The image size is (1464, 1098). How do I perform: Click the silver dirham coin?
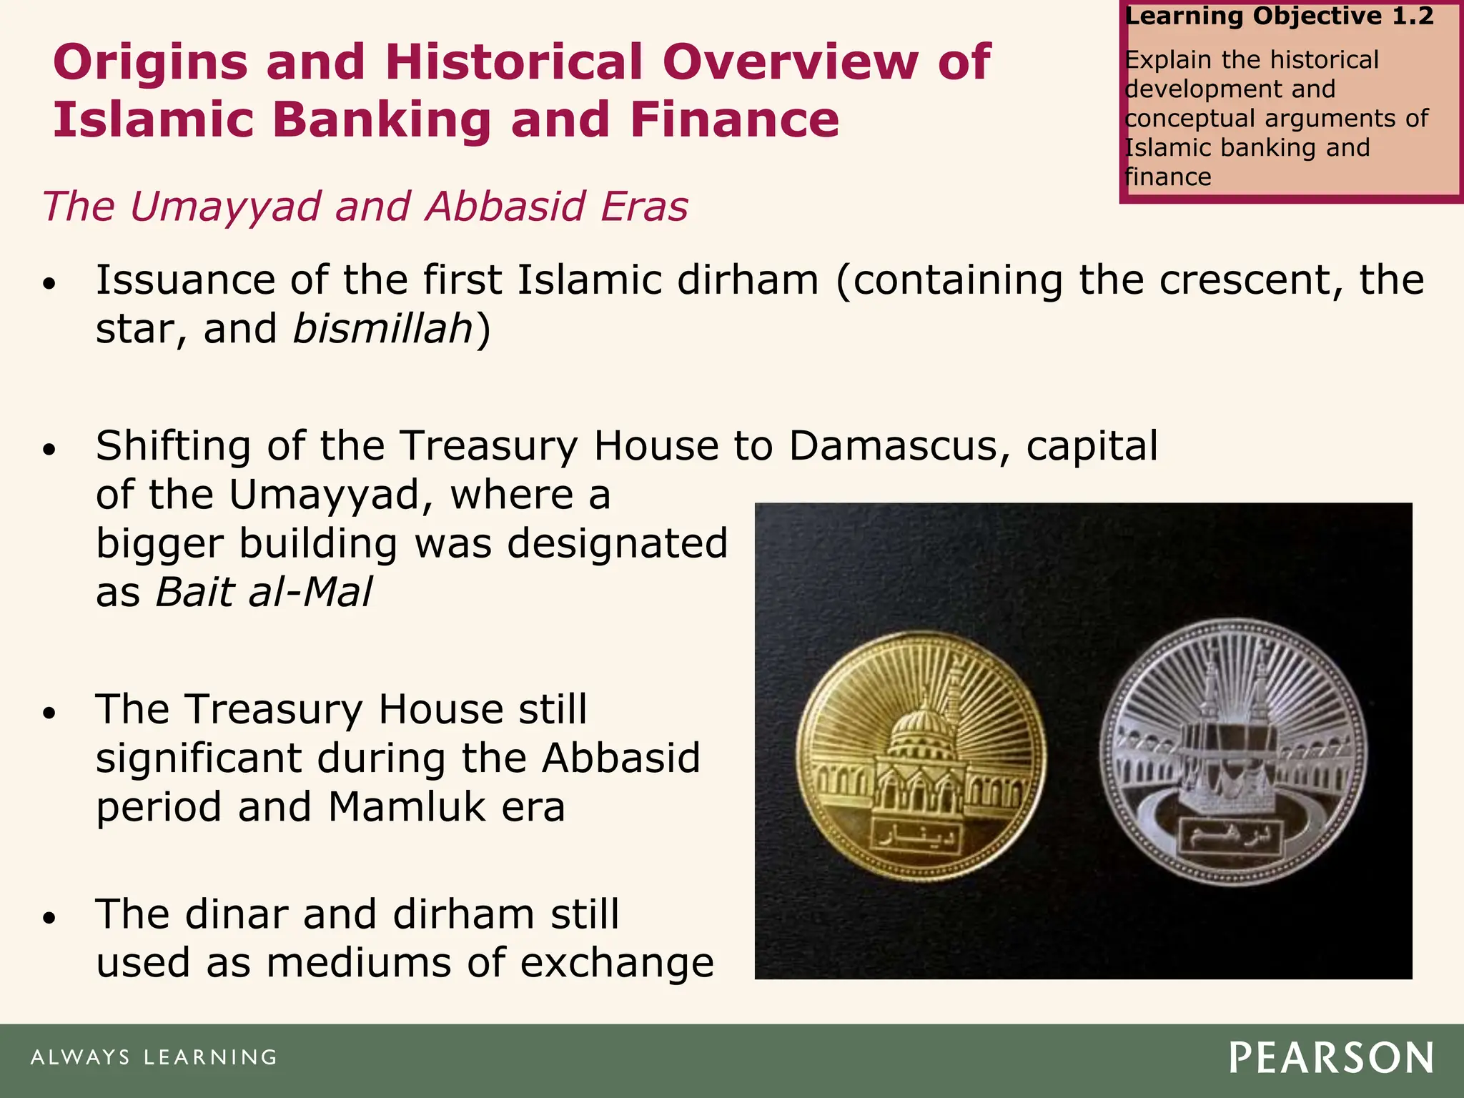click(x=1232, y=753)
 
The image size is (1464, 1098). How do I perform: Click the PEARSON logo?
click(x=1331, y=1058)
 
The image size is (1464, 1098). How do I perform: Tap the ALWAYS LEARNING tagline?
click(x=154, y=1057)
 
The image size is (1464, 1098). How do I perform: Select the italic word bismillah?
click(x=383, y=329)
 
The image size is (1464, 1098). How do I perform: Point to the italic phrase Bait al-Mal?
click(x=264, y=592)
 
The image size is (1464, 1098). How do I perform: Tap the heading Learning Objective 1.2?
click(x=1279, y=16)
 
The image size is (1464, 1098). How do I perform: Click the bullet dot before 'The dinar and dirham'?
click(x=49, y=918)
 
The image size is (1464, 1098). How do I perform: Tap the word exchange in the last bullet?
click(x=617, y=963)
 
